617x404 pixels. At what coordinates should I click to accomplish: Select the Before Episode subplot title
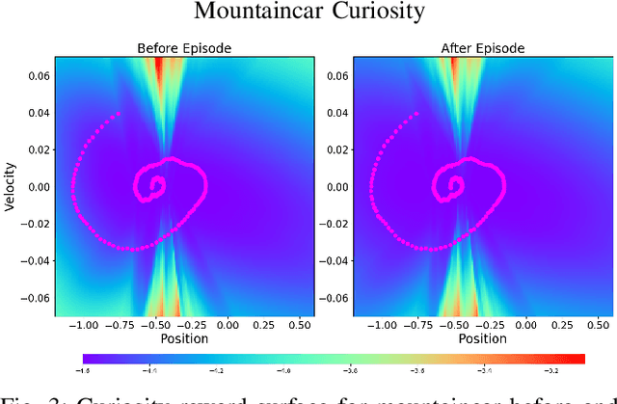tap(183, 48)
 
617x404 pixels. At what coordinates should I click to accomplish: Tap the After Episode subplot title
tap(482, 48)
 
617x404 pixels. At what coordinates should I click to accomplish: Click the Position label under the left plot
tap(183, 338)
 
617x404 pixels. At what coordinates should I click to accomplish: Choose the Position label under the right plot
tap(482, 338)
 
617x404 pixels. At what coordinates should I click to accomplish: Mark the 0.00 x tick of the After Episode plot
tap(520, 325)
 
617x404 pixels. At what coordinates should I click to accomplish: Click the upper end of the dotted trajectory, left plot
tap(119, 113)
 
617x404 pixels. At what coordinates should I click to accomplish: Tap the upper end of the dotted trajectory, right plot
tap(417, 113)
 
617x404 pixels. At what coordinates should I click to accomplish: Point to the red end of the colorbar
tap(578, 359)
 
